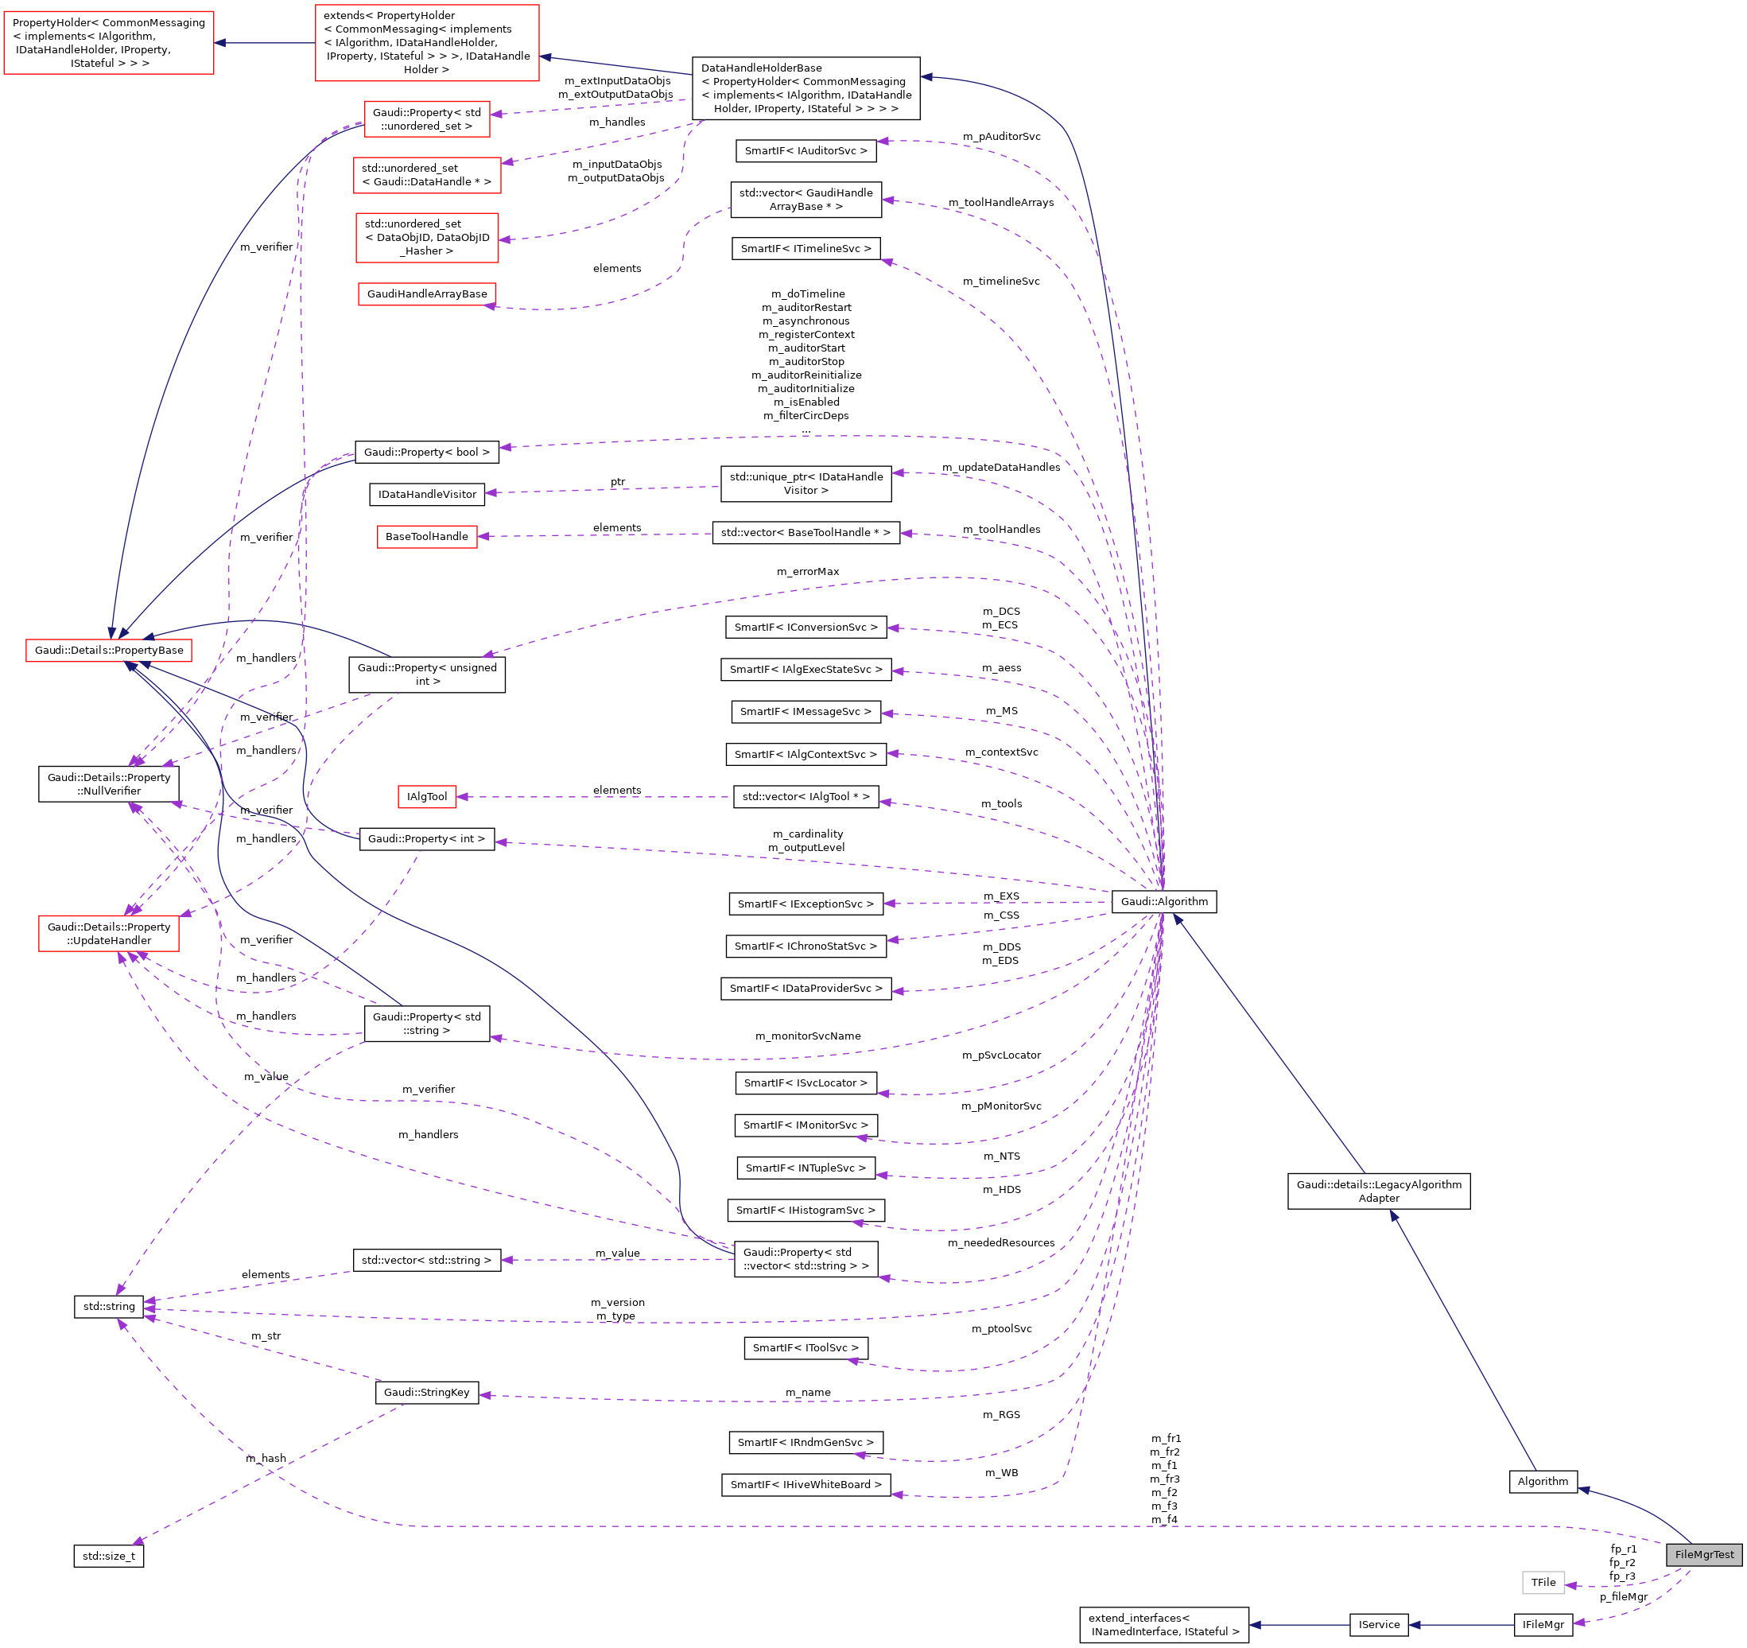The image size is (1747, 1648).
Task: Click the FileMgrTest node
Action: click(x=1704, y=1554)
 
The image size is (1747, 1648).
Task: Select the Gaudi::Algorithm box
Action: click(x=1163, y=901)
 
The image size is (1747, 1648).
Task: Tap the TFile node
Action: click(x=1543, y=1582)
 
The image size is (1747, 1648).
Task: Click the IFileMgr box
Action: click(x=1543, y=1624)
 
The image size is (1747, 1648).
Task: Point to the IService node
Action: click(x=1379, y=1624)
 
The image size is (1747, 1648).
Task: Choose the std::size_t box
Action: click(x=108, y=1556)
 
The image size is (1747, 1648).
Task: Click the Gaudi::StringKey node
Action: click(x=426, y=1392)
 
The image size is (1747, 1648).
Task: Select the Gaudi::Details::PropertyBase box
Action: click(x=109, y=651)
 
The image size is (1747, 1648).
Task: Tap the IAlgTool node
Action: click(x=426, y=796)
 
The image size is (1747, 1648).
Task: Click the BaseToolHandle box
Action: click(x=426, y=536)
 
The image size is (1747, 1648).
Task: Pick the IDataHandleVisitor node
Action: click(x=427, y=494)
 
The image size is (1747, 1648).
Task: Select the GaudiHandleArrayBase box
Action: click(x=426, y=293)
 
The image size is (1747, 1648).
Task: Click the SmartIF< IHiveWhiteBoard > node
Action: click(x=805, y=1484)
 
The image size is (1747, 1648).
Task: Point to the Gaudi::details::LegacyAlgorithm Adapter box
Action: click(x=1378, y=1191)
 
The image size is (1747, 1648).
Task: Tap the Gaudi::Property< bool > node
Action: click(x=426, y=452)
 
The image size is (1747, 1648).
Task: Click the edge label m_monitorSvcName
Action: click(x=808, y=1036)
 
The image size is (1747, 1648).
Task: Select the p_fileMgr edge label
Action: click(x=1623, y=1597)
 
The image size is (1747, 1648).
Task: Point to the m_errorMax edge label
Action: click(x=808, y=571)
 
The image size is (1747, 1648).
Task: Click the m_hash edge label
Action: click(x=266, y=1458)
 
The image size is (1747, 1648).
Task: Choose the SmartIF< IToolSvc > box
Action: click(x=805, y=1347)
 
